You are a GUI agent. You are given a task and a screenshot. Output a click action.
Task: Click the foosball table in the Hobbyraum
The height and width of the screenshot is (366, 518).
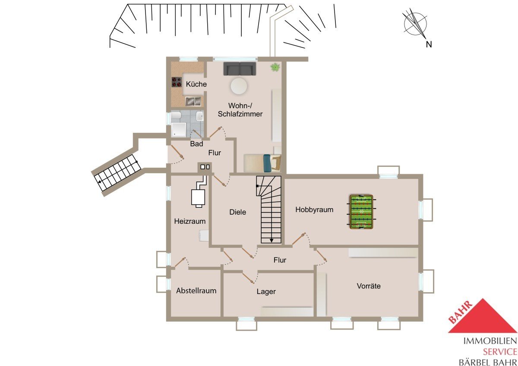click(361, 212)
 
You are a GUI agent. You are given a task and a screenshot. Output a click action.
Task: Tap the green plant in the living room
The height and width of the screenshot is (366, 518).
click(275, 67)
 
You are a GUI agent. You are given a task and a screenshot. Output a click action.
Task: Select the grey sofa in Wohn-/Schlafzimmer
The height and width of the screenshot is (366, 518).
click(240, 69)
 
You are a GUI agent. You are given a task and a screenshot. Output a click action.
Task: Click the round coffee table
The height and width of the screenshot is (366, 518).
click(239, 86)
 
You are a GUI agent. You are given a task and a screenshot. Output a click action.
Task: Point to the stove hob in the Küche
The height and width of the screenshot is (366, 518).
click(177, 82)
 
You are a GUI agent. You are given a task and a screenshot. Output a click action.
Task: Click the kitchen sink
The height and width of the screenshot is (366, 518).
click(193, 101)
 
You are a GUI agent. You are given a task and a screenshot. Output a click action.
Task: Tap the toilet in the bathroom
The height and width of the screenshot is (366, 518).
click(176, 116)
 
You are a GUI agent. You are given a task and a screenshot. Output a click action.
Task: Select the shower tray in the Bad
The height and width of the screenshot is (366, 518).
click(179, 129)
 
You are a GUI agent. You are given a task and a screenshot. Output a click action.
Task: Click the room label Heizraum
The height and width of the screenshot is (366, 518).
click(190, 221)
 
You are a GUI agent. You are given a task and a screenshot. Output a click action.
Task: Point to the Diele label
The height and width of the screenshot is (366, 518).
click(237, 212)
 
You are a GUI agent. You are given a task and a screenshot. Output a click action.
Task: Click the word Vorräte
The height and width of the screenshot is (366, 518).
click(368, 286)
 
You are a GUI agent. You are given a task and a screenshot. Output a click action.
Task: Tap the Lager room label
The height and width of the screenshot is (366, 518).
click(266, 291)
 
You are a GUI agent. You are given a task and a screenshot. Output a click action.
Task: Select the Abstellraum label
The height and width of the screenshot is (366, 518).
click(196, 291)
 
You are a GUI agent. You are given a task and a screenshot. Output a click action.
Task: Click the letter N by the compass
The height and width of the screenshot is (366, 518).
click(429, 44)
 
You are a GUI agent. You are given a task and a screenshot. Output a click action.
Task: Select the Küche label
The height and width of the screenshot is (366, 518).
click(196, 84)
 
